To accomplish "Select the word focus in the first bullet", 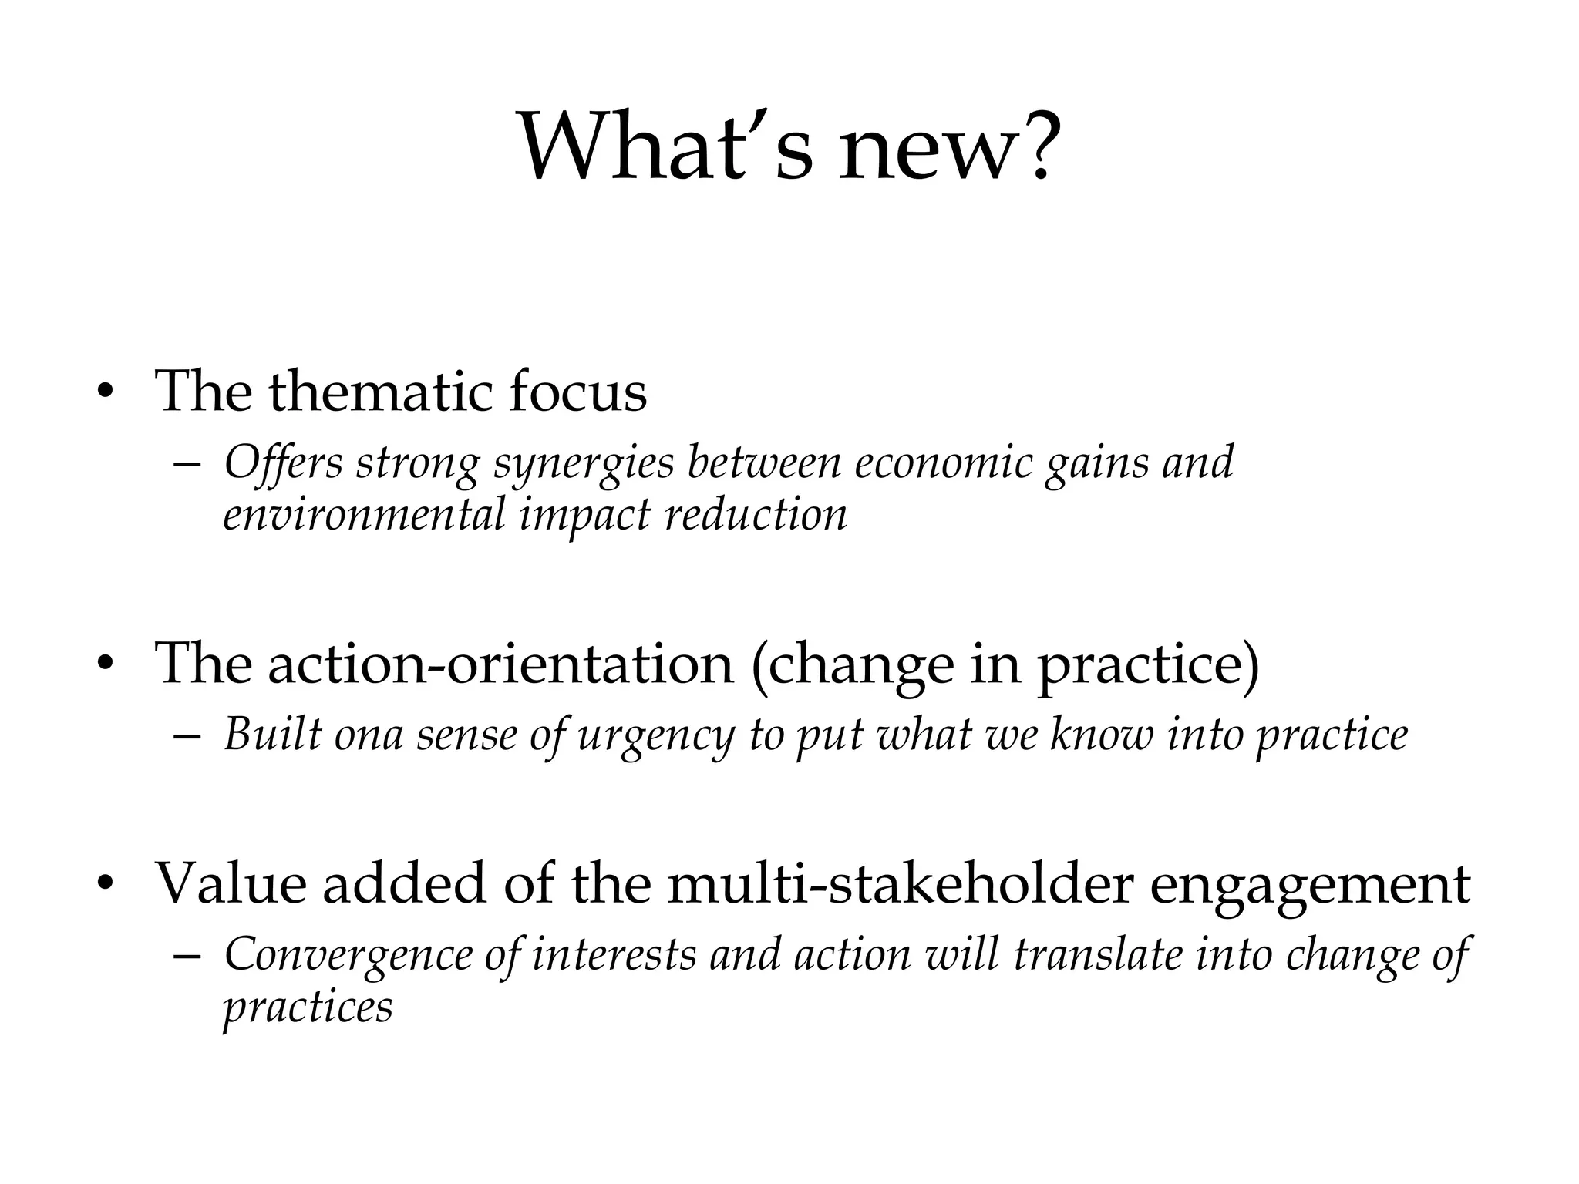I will coord(577,392).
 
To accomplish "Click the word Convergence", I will coord(348,955).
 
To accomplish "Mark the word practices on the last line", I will coord(308,1007).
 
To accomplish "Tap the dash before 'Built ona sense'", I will coord(187,736).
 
